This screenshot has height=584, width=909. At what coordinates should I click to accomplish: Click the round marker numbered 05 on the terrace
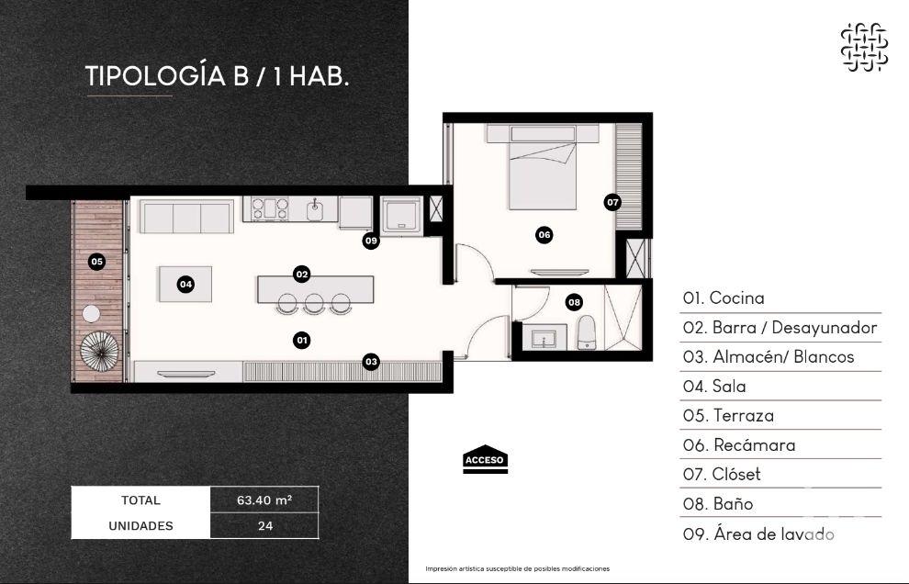point(96,262)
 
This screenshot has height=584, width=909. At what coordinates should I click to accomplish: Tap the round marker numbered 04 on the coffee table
point(185,285)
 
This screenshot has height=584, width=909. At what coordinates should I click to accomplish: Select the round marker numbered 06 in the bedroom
point(544,235)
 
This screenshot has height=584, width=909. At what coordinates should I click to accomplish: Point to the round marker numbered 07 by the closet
point(612,201)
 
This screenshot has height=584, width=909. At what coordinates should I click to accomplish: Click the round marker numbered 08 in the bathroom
point(574,301)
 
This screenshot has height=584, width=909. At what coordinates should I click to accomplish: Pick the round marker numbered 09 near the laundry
point(371,241)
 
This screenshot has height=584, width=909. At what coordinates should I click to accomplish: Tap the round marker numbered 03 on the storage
point(371,362)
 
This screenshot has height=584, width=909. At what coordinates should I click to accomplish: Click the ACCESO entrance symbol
point(485,461)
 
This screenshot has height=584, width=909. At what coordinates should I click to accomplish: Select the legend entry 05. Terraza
point(729,415)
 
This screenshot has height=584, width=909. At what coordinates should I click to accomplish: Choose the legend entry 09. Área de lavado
point(758,533)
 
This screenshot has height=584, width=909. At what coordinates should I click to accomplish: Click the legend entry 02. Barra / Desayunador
point(780,327)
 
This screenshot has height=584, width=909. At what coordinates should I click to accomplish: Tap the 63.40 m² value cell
point(264,500)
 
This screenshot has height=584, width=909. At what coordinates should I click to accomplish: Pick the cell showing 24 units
point(264,526)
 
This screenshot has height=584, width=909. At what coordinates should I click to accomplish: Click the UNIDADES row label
point(140,526)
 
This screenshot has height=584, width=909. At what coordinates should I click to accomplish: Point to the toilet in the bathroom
point(586,333)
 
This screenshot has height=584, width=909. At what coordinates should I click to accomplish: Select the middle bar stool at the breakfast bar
point(315,304)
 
